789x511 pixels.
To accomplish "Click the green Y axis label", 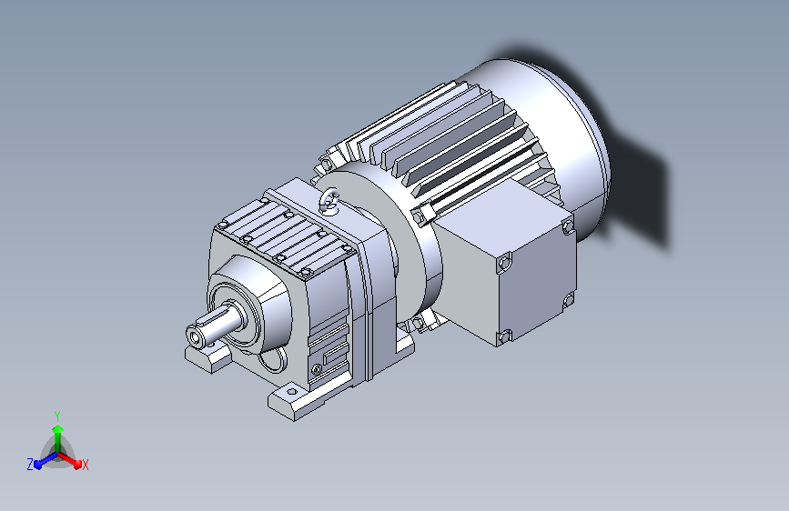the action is click(x=57, y=416).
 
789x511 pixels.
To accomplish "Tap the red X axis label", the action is click(x=85, y=466).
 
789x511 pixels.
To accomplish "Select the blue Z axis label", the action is click(x=30, y=465).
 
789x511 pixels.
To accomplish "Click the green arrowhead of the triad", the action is click(x=58, y=429).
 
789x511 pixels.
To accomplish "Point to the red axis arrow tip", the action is click(x=77, y=465).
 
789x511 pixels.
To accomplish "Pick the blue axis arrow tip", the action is click(x=37, y=465).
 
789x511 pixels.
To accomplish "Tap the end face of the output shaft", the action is click(x=196, y=336).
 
